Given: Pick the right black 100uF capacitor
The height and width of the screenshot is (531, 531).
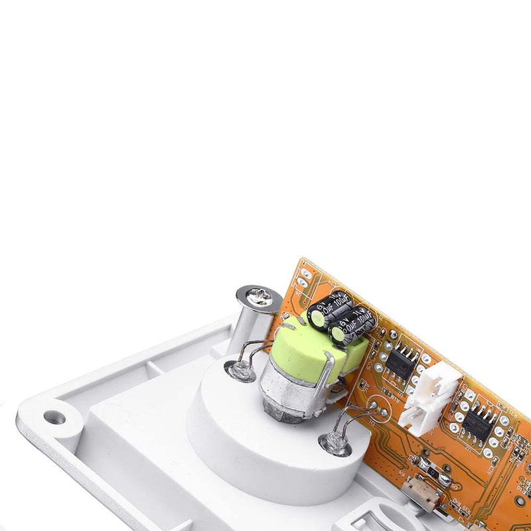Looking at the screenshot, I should click(x=352, y=325).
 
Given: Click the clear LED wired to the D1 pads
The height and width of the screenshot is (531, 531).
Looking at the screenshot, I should click(x=335, y=443).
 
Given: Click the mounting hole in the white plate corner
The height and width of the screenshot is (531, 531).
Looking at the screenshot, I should click(x=54, y=417).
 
